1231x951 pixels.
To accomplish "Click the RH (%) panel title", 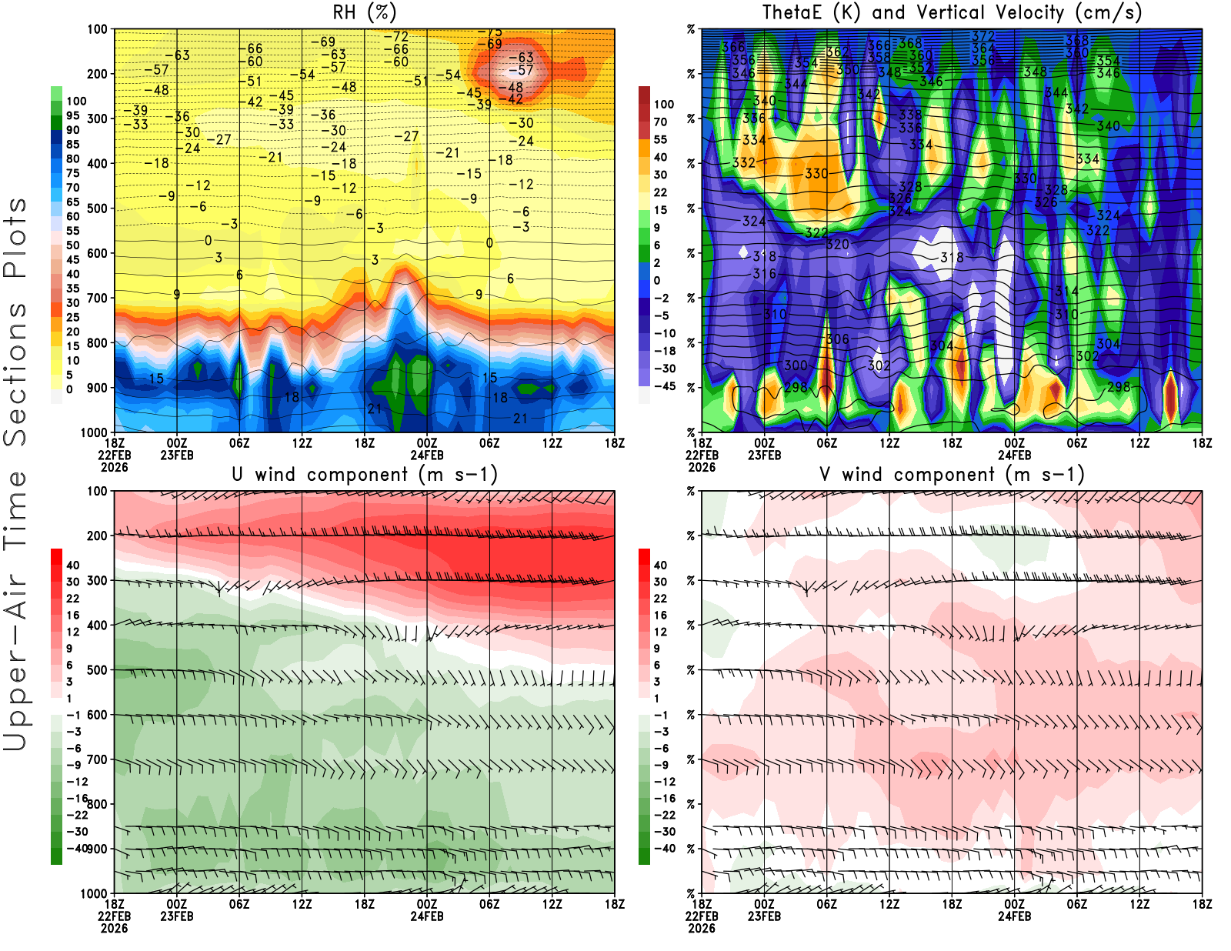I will click(364, 12).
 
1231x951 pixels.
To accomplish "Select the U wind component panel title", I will click(365, 475).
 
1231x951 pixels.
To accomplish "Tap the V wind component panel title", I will click(952, 475).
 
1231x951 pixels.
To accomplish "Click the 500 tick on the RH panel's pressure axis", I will click(97, 209).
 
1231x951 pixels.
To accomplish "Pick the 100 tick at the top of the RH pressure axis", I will click(97, 29).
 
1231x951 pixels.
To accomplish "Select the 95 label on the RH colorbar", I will click(72, 115).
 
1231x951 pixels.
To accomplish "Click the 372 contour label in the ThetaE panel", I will click(982, 36).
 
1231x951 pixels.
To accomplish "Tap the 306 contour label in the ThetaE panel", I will click(837, 339).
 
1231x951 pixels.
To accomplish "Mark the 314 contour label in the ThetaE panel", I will click(1066, 291).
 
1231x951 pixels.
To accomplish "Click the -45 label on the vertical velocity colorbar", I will click(664, 386).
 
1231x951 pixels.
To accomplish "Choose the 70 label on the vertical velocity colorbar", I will click(660, 122).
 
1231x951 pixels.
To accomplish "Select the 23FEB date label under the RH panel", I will click(177, 455).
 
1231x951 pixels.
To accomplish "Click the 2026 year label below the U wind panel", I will click(114, 928).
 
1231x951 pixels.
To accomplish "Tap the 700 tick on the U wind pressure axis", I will click(97, 759).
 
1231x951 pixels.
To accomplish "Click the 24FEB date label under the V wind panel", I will click(1014, 916).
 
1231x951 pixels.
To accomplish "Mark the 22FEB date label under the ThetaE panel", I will click(702, 455).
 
